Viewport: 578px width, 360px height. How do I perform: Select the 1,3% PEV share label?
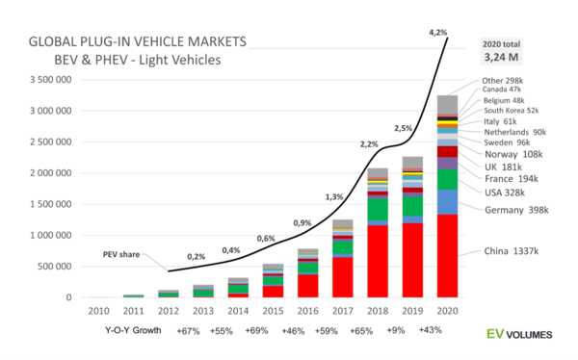pyautogui.click(x=333, y=196)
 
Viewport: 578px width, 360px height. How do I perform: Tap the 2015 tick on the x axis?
pyautogui.click(x=273, y=310)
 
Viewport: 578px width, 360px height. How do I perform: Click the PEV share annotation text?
pyautogui.click(x=123, y=254)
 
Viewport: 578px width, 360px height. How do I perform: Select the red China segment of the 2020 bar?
pyautogui.click(x=446, y=255)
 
